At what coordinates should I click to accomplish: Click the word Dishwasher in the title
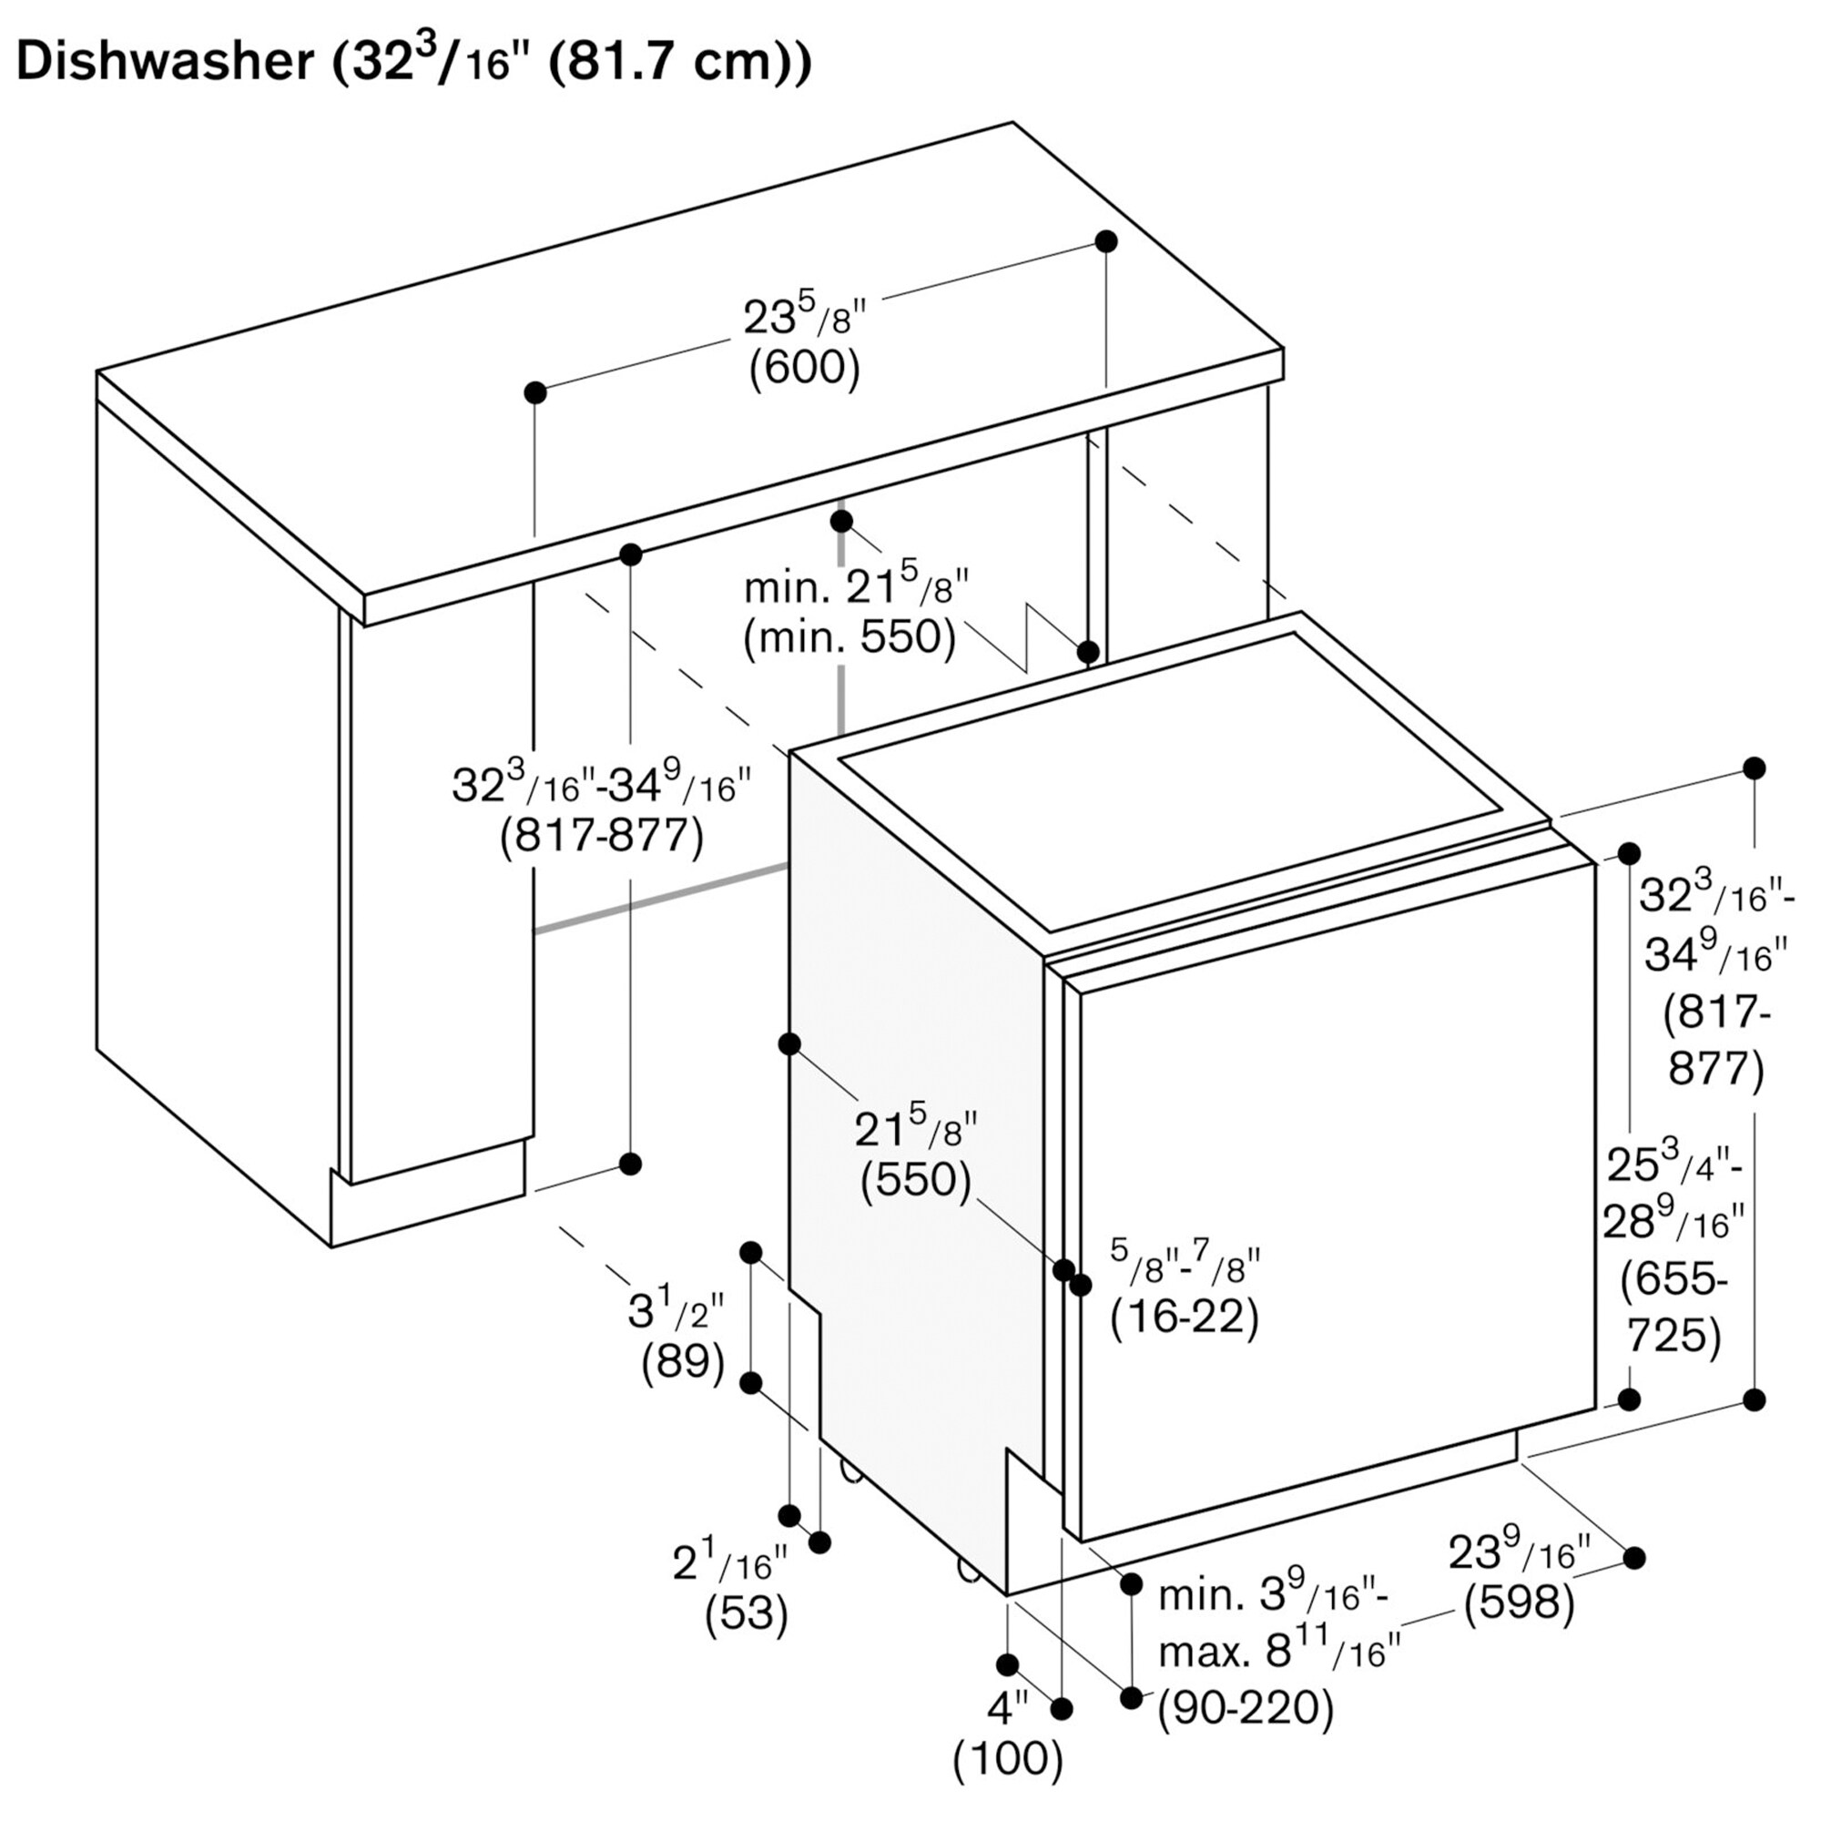[x=166, y=63]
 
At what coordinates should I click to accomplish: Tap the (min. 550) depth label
[x=849, y=638]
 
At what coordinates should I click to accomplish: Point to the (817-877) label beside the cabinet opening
[x=602, y=835]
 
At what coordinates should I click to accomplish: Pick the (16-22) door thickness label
[x=1185, y=1318]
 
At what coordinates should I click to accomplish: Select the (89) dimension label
[x=684, y=1362]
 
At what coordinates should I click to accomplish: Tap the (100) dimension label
[x=1009, y=1756]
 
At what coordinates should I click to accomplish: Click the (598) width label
[x=1520, y=1602]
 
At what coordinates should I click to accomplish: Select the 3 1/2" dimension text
[x=677, y=1310]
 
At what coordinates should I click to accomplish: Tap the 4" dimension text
[x=1008, y=1706]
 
